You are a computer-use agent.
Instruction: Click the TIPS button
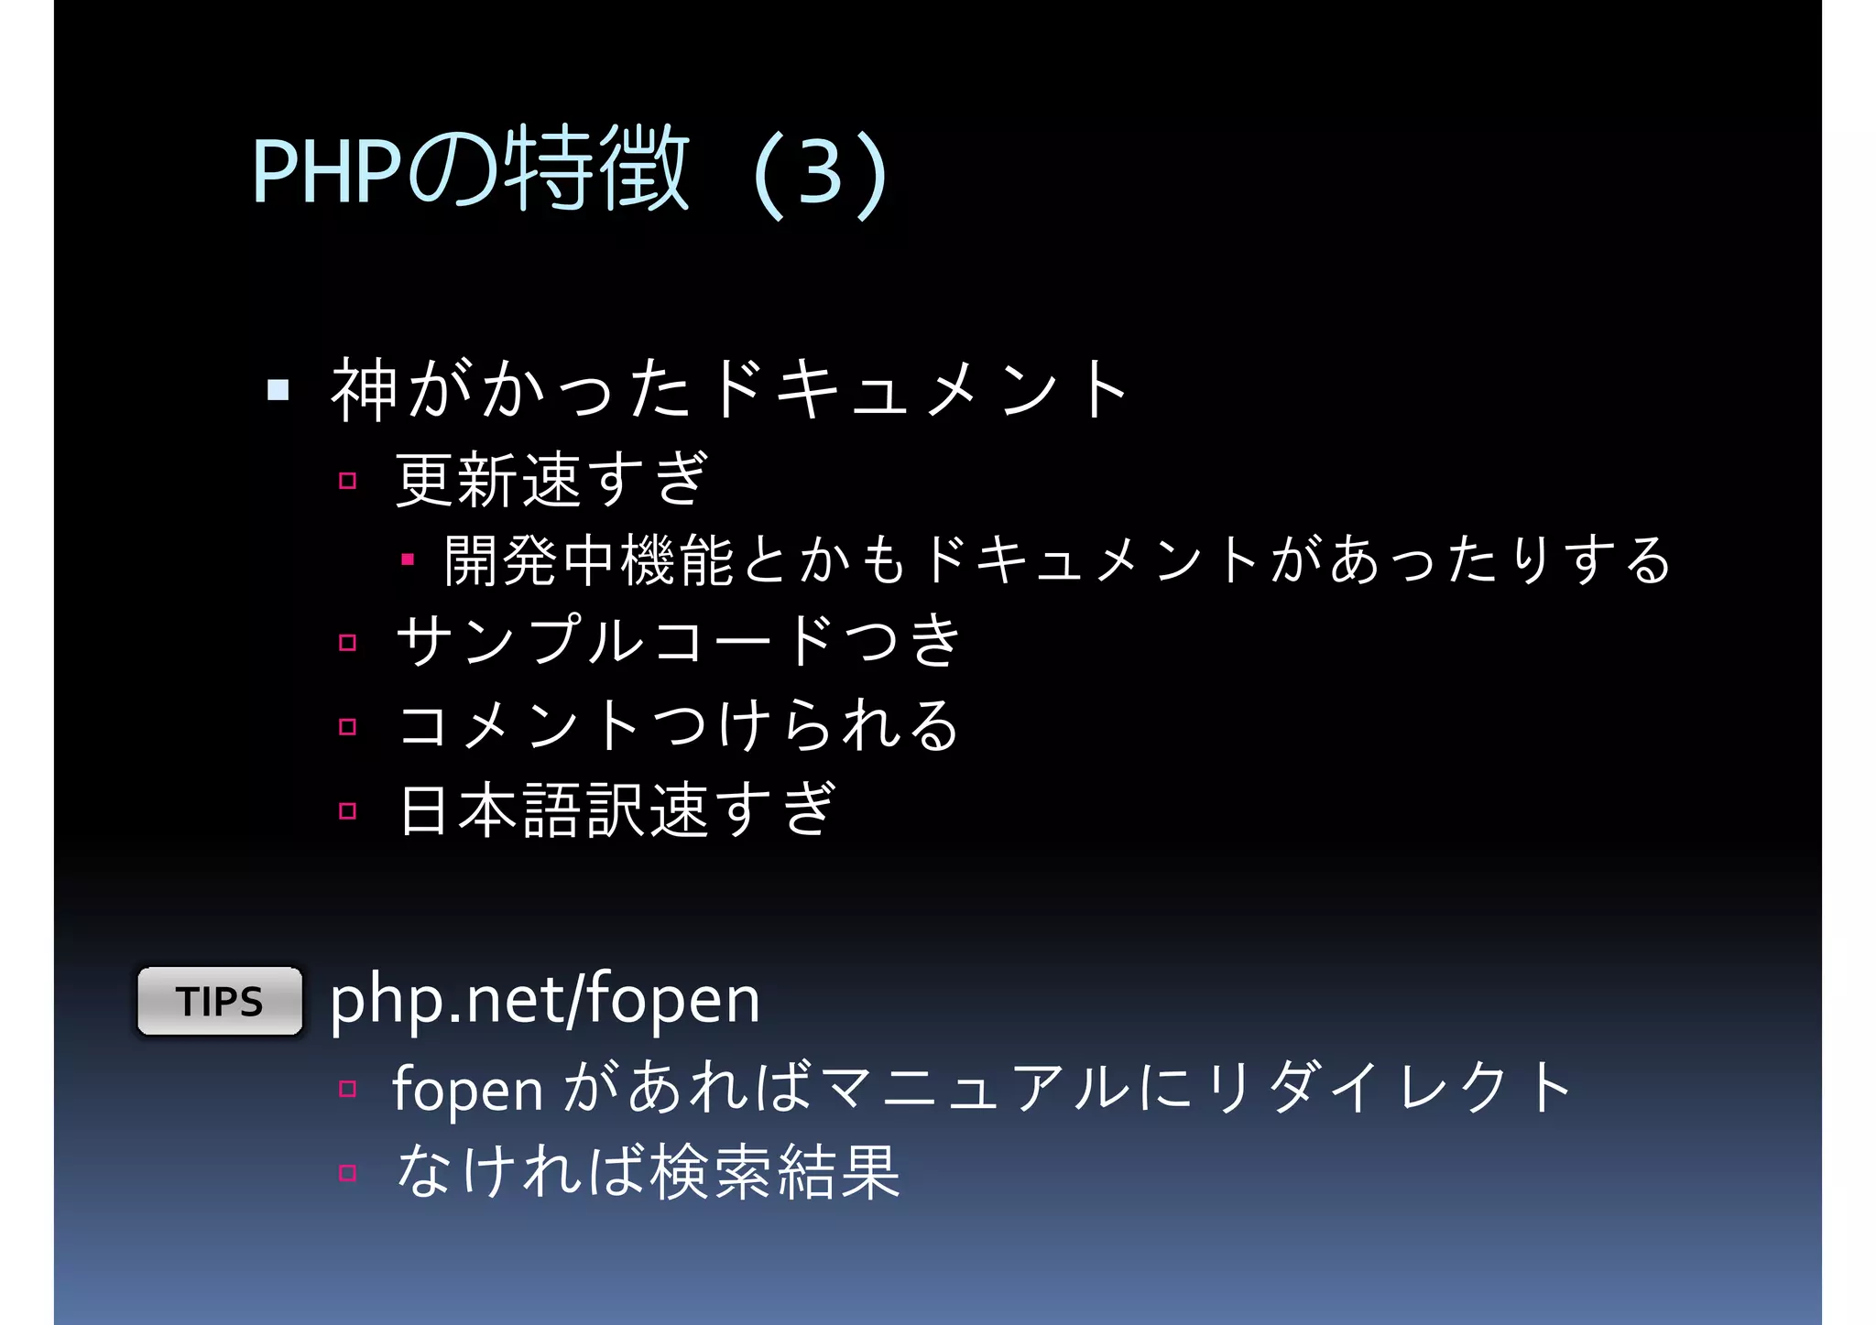[x=220, y=1001]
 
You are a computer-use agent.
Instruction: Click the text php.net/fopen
[x=545, y=1000]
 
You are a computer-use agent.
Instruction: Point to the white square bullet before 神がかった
[x=278, y=391]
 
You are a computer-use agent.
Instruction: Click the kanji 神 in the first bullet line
[x=364, y=391]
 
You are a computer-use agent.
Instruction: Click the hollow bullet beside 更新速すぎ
[x=347, y=481]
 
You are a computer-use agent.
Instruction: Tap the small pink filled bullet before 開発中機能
[x=408, y=559]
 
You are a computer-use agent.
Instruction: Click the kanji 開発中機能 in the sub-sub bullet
[x=589, y=559]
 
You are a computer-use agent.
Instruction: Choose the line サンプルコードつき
[x=678, y=640]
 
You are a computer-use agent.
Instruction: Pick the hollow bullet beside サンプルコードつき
[x=347, y=643]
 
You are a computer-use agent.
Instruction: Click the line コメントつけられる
[x=678, y=724]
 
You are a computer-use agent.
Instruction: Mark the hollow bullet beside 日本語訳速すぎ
[x=347, y=810]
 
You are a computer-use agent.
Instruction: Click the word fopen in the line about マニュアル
[x=467, y=1091]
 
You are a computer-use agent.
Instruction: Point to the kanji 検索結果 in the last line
[x=775, y=1172]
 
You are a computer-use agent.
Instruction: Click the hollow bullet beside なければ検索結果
[x=347, y=1173]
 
